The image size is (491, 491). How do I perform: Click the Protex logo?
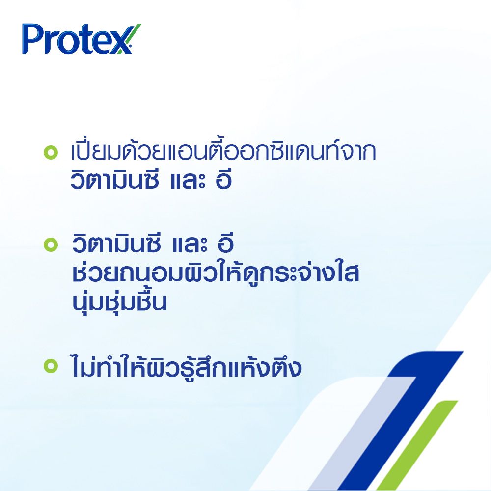tap(78, 39)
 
